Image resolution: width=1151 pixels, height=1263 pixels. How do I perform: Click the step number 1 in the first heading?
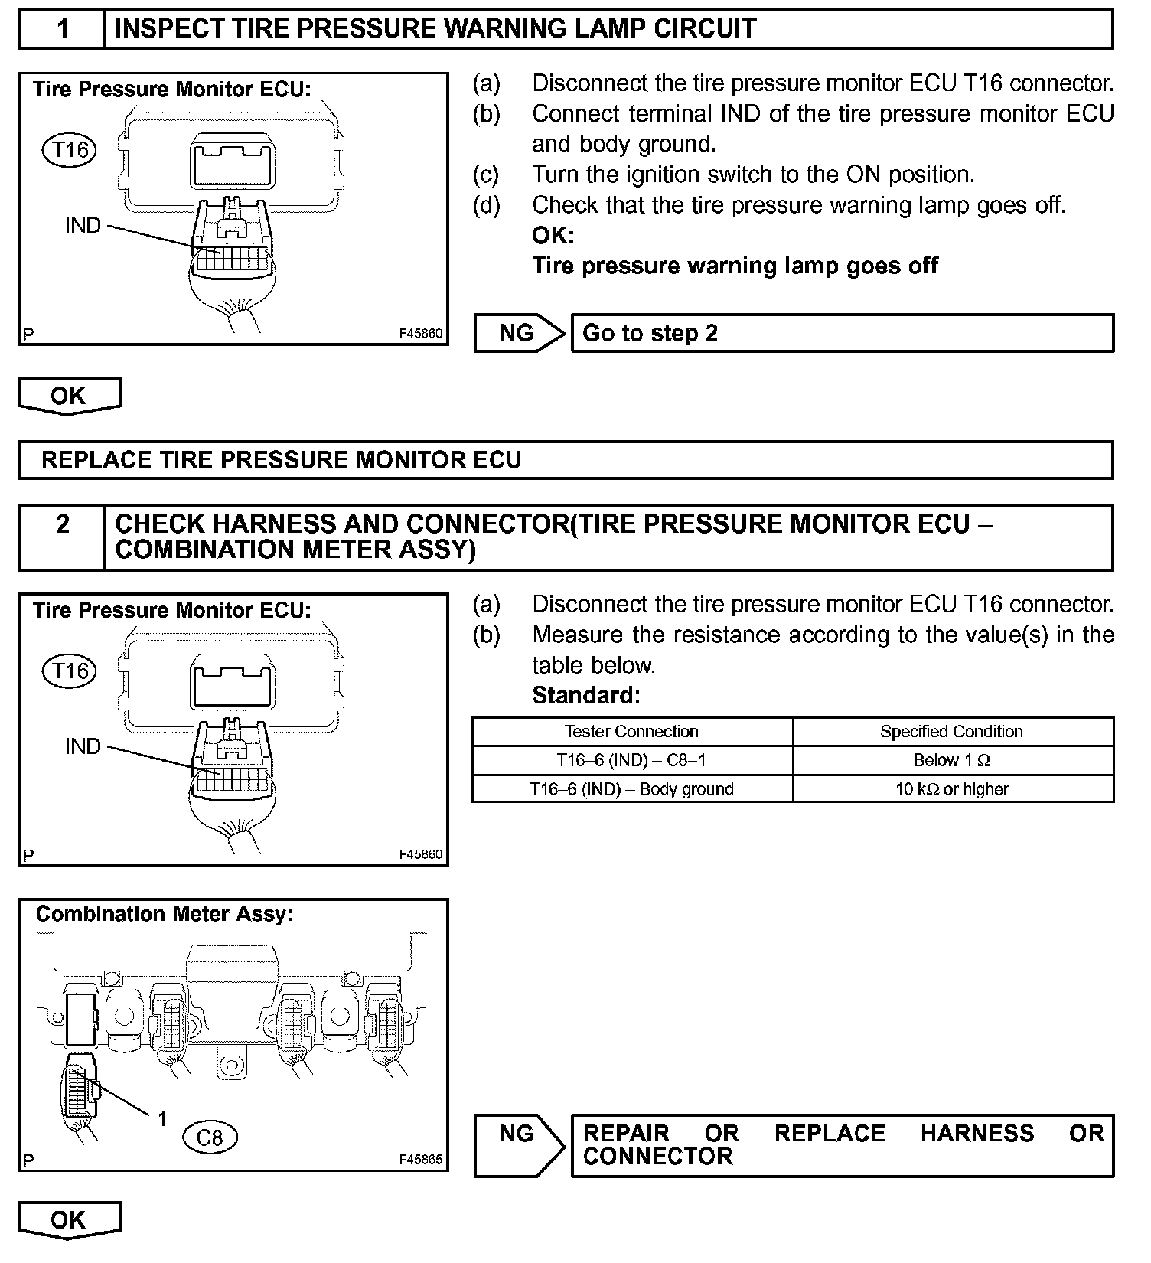click(x=63, y=29)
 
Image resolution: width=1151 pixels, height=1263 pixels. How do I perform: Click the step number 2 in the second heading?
click(x=63, y=524)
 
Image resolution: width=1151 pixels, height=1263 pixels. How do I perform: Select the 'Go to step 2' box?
click(x=842, y=333)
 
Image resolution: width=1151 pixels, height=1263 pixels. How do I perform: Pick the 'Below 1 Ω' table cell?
click(x=952, y=760)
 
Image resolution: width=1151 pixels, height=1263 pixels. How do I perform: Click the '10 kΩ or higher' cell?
click(x=952, y=789)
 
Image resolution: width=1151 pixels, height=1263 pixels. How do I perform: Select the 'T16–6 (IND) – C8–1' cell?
click(x=631, y=760)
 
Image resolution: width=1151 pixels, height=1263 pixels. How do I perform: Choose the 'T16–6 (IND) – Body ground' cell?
click(x=631, y=789)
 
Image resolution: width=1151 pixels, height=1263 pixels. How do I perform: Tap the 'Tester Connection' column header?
click(x=631, y=731)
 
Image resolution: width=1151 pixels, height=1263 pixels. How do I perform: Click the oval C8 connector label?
click(x=210, y=1137)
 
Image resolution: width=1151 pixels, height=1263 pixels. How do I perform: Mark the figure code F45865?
click(x=421, y=1159)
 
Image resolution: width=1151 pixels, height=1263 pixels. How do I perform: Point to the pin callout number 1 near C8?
click(x=161, y=1119)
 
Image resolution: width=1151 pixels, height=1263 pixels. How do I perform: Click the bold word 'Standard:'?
click(x=585, y=695)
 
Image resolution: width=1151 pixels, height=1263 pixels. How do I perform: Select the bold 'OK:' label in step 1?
click(x=553, y=235)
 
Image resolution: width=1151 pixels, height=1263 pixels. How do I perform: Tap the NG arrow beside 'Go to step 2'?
click(x=518, y=333)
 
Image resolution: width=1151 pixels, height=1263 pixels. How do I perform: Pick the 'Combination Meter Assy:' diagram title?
click(x=165, y=914)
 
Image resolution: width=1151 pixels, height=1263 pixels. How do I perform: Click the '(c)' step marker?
click(x=486, y=175)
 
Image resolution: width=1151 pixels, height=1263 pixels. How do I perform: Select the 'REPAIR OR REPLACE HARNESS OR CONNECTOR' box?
click(x=842, y=1145)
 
